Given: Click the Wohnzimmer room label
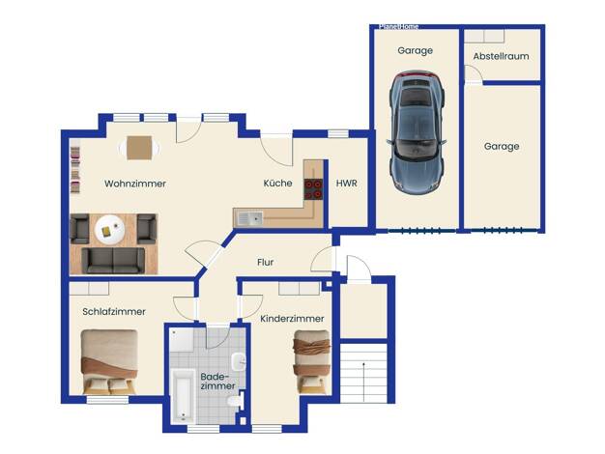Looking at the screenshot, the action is tap(135, 184).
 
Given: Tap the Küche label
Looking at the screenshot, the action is tap(277, 183).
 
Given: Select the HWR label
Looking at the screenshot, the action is tap(347, 184).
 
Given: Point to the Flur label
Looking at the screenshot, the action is tap(266, 263).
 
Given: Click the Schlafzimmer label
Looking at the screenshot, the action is tap(114, 312).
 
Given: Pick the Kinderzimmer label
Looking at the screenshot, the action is tap(292, 319).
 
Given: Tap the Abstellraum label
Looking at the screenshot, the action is tap(502, 56).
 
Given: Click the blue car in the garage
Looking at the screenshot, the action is tap(417, 132).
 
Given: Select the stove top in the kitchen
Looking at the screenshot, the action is tap(313, 189).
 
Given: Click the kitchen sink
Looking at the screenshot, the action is tap(249, 218).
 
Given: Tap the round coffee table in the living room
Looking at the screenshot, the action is tap(110, 229).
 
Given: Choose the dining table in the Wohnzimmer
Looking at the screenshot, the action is tap(139, 148).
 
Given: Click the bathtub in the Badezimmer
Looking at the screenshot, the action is tap(183, 396).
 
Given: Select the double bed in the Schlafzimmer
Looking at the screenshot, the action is tap(109, 362).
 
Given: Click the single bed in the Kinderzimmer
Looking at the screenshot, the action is tap(312, 362).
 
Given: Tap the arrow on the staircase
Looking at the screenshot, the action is tap(363, 382).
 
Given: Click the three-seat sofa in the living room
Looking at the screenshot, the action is tap(113, 261).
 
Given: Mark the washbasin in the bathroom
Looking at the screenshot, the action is tap(239, 362).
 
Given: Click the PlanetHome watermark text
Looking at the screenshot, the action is tap(398, 27).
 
